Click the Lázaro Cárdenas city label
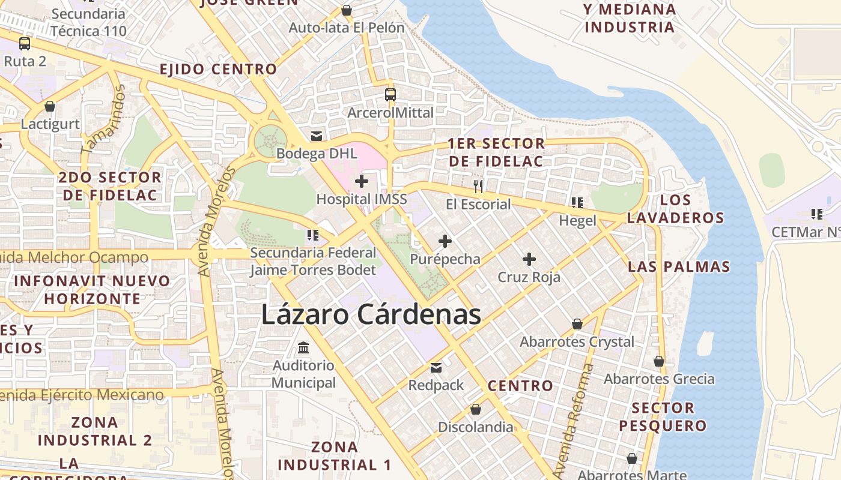click(x=371, y=314)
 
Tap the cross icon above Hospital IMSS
click(x=362, y=181)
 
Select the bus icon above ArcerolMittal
click(x=390, y=94)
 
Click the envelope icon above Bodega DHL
click(x=317, y=136)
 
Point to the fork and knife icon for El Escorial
click(x=478, y=186)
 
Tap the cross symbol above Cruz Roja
click(x=529, y=259)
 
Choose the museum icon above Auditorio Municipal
click(x=303, y=347)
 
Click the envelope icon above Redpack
click(x=436, y=367)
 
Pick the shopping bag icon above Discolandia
click(x=476, y=409)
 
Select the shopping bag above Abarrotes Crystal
click(x=577, y=324)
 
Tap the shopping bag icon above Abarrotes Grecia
click(x=659, y=361)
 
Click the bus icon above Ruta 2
click(x=25, y=43)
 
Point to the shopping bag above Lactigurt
click(x=50, y=106)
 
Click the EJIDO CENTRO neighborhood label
click(x=218, y=69)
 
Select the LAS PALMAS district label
click(x=679, y=266)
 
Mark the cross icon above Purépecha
click(x=445, y=241)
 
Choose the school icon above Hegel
click(x=577, y=203)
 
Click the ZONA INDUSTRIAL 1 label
click(x=335, y=456)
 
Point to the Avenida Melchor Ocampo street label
click(x=75, y=257)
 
